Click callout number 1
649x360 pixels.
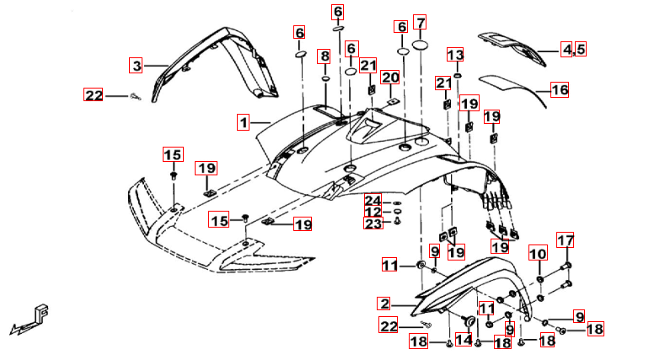pos(243,123)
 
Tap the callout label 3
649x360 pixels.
pos(137,65)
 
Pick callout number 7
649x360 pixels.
pos(420,23)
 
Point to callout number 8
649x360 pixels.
pos(324,57)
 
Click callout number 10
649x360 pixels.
pos(538,254)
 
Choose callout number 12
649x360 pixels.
pos(373,212)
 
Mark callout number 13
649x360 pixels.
pos(455,56)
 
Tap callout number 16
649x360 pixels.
pos(560,89)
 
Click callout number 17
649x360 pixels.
pos(565,240)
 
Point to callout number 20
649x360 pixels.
pos(389,78)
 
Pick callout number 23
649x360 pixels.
pos(373,223)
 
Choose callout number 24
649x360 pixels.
pos(373,200)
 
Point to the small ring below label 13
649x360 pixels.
pos(455,75)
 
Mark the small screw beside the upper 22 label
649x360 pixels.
pos(134,97)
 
